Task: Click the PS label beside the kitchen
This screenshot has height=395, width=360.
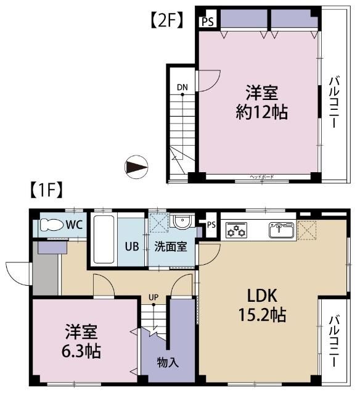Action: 211,224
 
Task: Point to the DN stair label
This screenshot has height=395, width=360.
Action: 182,87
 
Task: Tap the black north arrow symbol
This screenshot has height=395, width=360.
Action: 136,167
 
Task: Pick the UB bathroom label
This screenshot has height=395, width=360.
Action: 132,246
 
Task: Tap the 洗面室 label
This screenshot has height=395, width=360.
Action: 172,246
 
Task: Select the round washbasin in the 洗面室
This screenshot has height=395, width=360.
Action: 181,222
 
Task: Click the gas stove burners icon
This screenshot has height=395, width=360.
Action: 235,231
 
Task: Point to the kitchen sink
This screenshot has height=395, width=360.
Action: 281,230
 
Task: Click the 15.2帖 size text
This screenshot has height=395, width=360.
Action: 262,315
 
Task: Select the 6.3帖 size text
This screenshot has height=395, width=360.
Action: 82,351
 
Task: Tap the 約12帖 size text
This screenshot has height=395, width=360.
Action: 261,113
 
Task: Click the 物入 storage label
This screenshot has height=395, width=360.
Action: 168,362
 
